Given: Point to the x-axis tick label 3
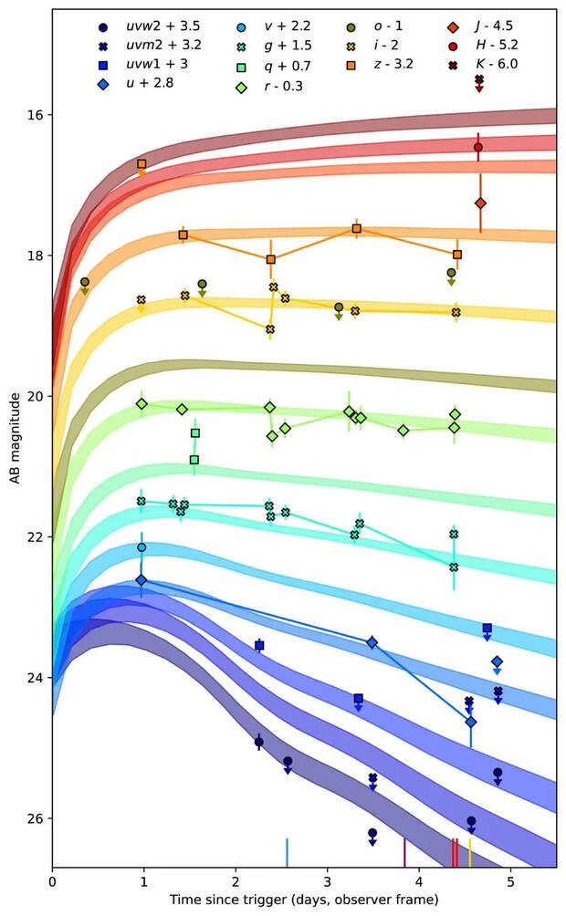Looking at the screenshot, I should [x=328, y=883].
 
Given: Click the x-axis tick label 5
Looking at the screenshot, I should [x=511, y=883].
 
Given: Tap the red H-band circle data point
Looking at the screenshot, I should [x=478, y=147].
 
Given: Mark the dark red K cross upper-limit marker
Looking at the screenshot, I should [x=479, y=80].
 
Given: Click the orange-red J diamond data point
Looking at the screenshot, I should [x=480, y=203].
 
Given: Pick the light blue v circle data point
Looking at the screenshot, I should [x=141, y=547].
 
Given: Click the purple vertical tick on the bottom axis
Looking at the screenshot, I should [x=404, y=852].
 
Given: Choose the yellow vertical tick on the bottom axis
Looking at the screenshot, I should [x=470, y=852].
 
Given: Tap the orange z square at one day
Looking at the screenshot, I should [x=141, y=164].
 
